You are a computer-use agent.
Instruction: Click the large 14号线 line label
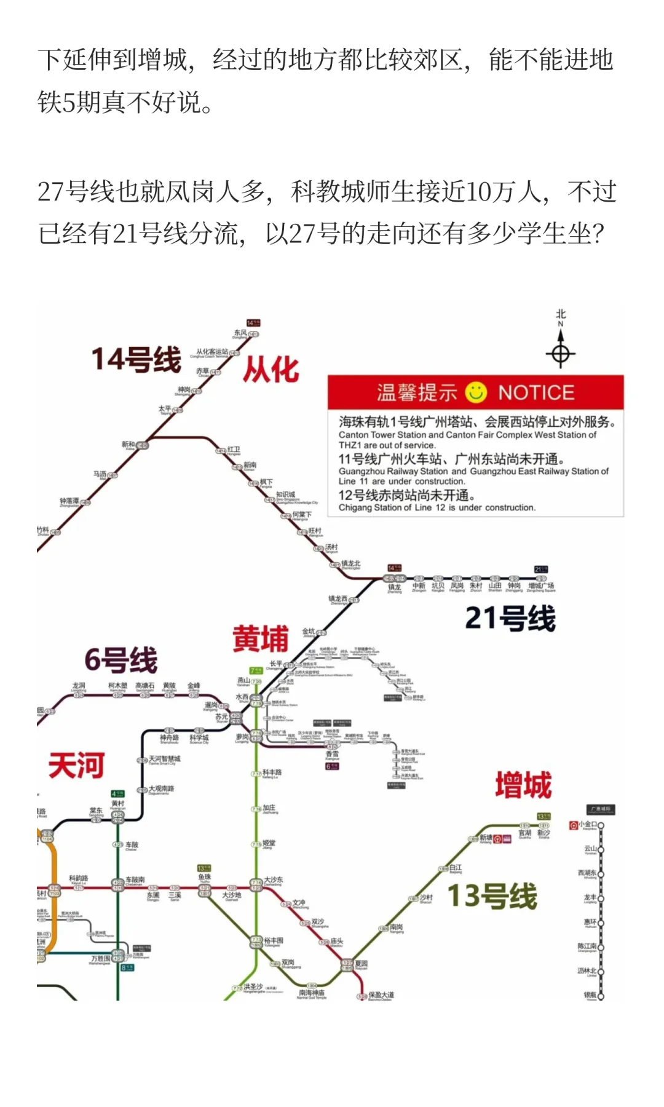tap(136, 360)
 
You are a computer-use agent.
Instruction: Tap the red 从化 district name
tap(271, 370)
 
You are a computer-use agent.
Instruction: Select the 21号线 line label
tap(510, 618)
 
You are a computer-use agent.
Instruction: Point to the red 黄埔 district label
tap(260, 638)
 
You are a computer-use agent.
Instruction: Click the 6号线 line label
tap(121, 660)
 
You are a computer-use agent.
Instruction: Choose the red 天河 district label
tap(76, 766)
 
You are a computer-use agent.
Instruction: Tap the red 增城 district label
tap(523, 785)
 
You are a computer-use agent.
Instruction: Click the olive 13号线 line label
tap(492, 895)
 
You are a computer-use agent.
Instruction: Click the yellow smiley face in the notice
tap(476, 392)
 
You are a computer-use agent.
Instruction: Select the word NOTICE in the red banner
tap(536, 392)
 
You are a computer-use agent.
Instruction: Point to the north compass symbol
tap(560, 354)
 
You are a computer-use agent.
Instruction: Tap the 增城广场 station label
tap(541, 586)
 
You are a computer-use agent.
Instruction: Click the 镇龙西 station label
tap(338, 598)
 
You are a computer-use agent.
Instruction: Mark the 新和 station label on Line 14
tap(128, 444)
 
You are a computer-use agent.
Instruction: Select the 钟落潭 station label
tap(69, 501)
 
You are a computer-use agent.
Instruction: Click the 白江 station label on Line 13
tap(456, 868)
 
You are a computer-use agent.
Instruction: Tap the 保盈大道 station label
tap(381, 994)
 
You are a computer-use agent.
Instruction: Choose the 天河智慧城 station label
tap(164, 760)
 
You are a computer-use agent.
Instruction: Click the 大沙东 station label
tap(274, 880)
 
